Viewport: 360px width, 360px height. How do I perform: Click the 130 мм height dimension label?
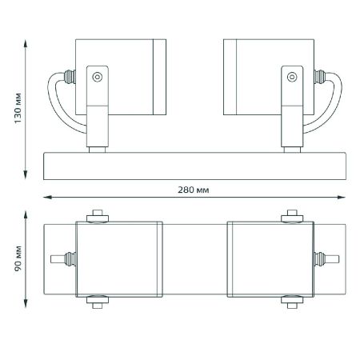tap(18, 108)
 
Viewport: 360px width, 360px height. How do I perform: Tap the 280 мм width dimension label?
tap(194, 190)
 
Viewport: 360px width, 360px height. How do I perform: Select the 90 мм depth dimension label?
tap(18, 258)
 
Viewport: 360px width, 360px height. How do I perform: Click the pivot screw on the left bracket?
tap(98, 77)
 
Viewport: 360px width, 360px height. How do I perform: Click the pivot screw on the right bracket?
tap(292, 77)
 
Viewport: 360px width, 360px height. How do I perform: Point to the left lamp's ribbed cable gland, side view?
tap(70, 77)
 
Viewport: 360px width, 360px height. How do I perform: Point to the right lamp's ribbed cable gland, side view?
tap(320, 77)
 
